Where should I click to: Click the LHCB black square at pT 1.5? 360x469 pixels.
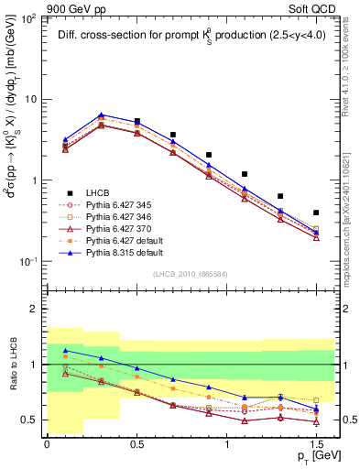point(316,213)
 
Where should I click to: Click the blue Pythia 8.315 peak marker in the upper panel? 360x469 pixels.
point(101,115)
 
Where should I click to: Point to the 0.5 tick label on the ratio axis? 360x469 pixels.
point(30,420)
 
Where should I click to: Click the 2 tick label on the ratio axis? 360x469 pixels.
point(35,309)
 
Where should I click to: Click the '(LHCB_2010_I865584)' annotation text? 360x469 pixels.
point(191,274)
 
